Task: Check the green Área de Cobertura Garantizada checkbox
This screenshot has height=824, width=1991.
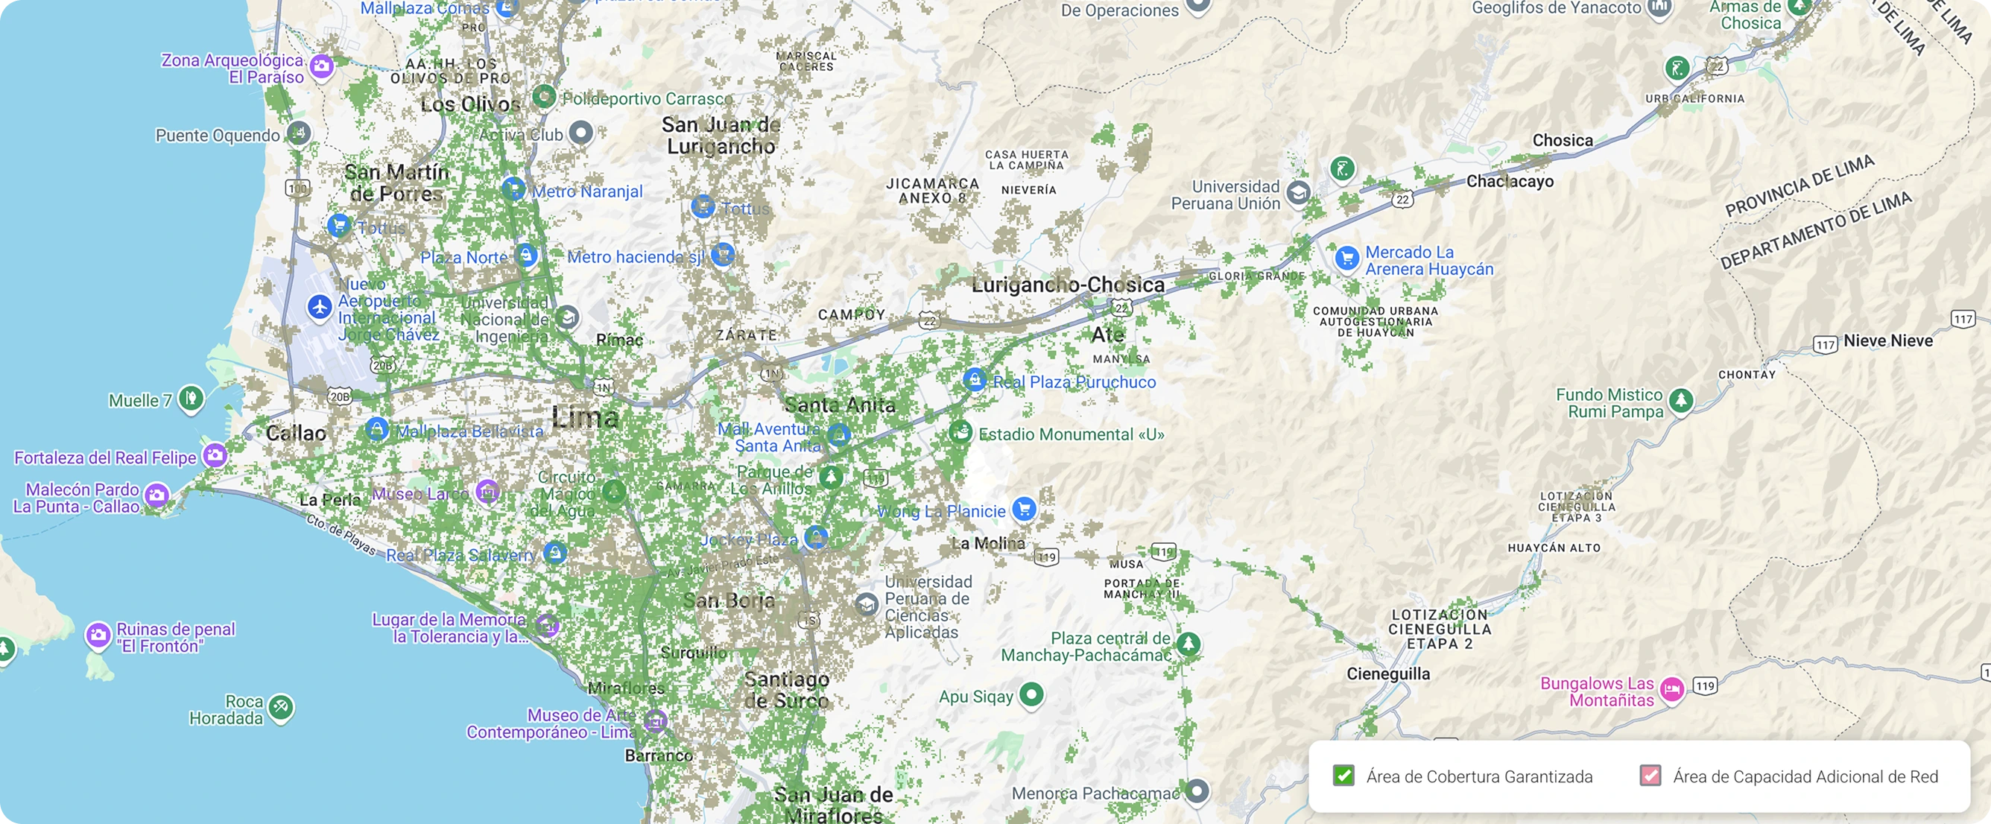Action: pyautogui.click(x=1343, y=776)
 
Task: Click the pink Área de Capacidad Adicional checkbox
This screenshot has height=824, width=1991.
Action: pyautogui.click(x=1650, y=776)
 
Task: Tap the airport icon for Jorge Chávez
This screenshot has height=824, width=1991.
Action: pyautogui.click(x=319, y=307)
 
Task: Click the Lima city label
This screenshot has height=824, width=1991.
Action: pyautogui.click(x=585, y=418)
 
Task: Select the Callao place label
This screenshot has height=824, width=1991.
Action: pyautogui.click(x=296, y=433)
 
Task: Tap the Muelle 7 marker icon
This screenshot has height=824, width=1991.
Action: pyautogui.click(x=190, y=398)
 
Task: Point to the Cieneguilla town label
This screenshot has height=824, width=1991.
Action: pyautogui.click(x=1388, y=674)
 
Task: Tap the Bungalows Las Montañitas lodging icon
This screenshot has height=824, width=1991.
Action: pyautogui.click(x=1672, y=688)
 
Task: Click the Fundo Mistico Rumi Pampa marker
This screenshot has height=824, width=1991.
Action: pyautogui.click(x=1681, y=400)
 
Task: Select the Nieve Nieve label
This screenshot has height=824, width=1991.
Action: pyautogui.click(x=1887, y=341)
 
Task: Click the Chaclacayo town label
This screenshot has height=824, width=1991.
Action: pyautogui.click(x=1510, y=182)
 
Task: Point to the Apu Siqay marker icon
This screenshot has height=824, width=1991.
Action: pyautogui.click(x=1031, y=694)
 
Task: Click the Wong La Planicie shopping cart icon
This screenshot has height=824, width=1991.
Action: pyautogui.click(x=1024, y=509)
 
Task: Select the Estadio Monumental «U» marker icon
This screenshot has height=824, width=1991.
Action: pyautogui.click(x=960, y=432)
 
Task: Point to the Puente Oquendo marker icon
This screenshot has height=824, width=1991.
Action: pyautogui.click(x=298, y=133)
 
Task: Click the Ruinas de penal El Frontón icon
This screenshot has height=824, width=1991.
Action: pyautogui.click(x=98, y=635)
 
